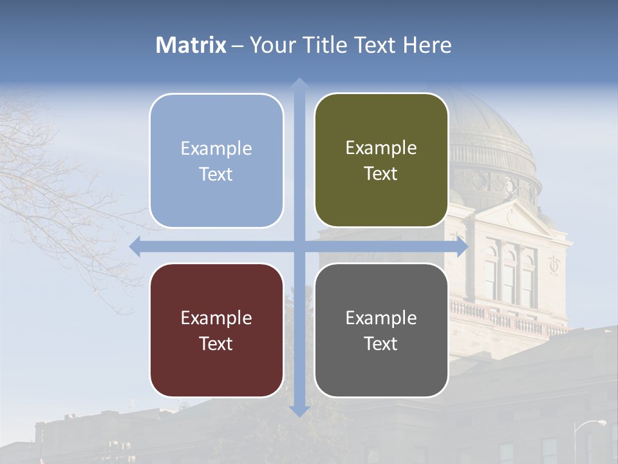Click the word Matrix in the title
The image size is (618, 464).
[191, 45]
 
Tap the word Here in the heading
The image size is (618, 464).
[427, 45]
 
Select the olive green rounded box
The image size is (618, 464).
[381, 200]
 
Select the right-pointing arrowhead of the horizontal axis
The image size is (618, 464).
[462, 246]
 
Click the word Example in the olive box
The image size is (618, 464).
[381, 148]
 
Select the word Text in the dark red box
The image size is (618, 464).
[216, 343]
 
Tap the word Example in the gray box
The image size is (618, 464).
[381, 318]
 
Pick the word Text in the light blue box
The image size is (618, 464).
[216, 175]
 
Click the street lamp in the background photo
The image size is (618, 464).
[599, 423]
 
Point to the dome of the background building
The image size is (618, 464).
[489, 122]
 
